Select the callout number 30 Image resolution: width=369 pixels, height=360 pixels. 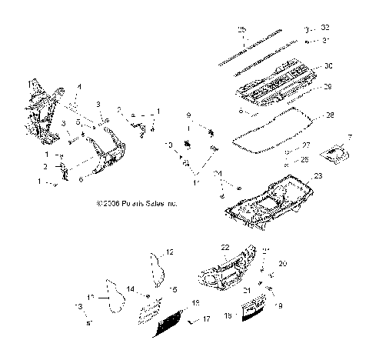pyautogui.click(x=328, y=65)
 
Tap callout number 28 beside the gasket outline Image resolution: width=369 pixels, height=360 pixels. pyautogui.click(x=329, y=115)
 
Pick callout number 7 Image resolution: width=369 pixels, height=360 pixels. pyautogui.click(x=351, y=137)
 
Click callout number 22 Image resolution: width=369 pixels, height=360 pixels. pyautogui.click(x=225, y=247)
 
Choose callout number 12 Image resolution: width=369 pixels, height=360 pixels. pyautogui.click(x=170, y=252)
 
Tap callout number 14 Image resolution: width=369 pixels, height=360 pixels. pyautogui.click(x=131, y=289)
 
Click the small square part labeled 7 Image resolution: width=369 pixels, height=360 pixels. pyautogui.click(x=332, y=154)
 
